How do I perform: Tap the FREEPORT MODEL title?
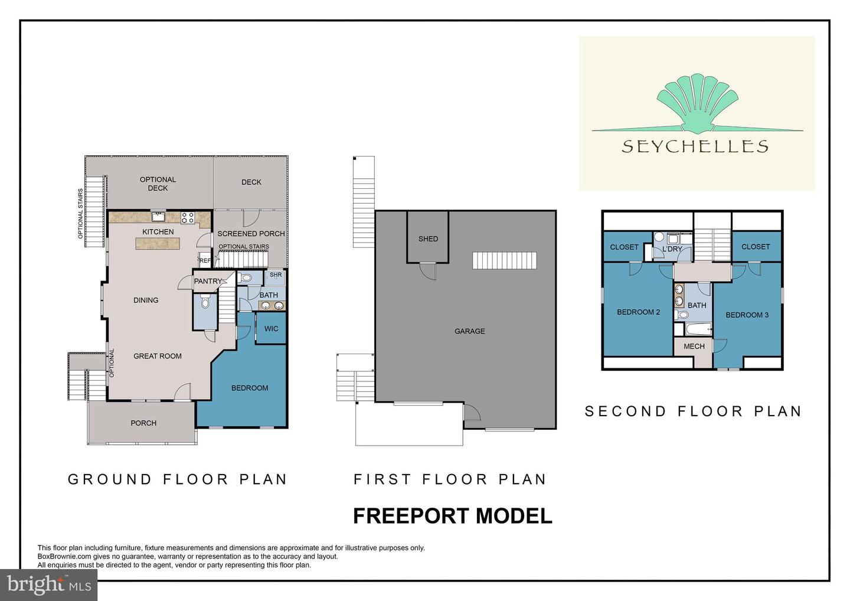(452, 516)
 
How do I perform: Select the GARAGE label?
(469, 331)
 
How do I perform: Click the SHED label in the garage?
(428, 239)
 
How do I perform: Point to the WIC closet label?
(271, 329)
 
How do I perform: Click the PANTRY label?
(208, 282)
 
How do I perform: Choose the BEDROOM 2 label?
(638, 312)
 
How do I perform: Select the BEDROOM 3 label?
(747, 315)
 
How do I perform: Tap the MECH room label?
(694, 347)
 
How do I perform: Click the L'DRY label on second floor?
(672, 249)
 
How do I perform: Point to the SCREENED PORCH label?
(251, 234)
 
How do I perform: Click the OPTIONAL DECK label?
(158, 184)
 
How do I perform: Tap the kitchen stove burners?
(188, 217)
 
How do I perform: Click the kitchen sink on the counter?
(158, 216)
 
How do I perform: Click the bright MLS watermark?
(49, 585)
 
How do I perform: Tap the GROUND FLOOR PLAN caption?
(178, 479)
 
